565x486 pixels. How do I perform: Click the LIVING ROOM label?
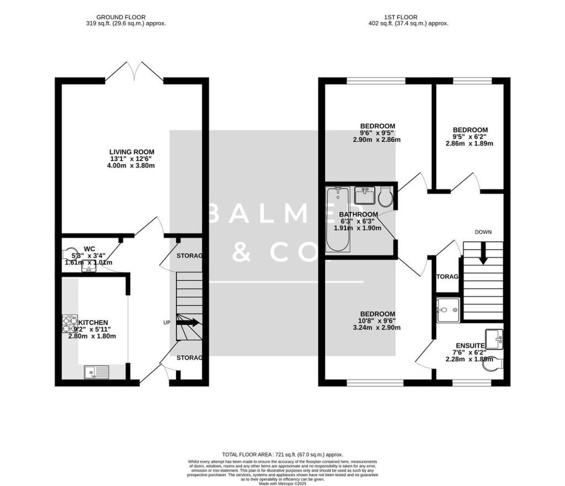coord(131,152)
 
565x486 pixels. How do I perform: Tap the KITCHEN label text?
coord(93,322)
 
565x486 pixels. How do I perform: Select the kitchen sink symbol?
coord(97,372)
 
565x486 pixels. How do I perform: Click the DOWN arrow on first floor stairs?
coord(483,255)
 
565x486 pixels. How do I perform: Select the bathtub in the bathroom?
coord(337,219)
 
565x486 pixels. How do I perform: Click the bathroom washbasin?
coord(364,195)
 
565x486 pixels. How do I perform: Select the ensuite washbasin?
coord(494,339)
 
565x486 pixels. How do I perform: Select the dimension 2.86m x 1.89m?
coord(469,143)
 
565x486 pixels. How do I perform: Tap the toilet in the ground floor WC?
coord(70,253)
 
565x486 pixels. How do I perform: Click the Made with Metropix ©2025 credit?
coord(283,483)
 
